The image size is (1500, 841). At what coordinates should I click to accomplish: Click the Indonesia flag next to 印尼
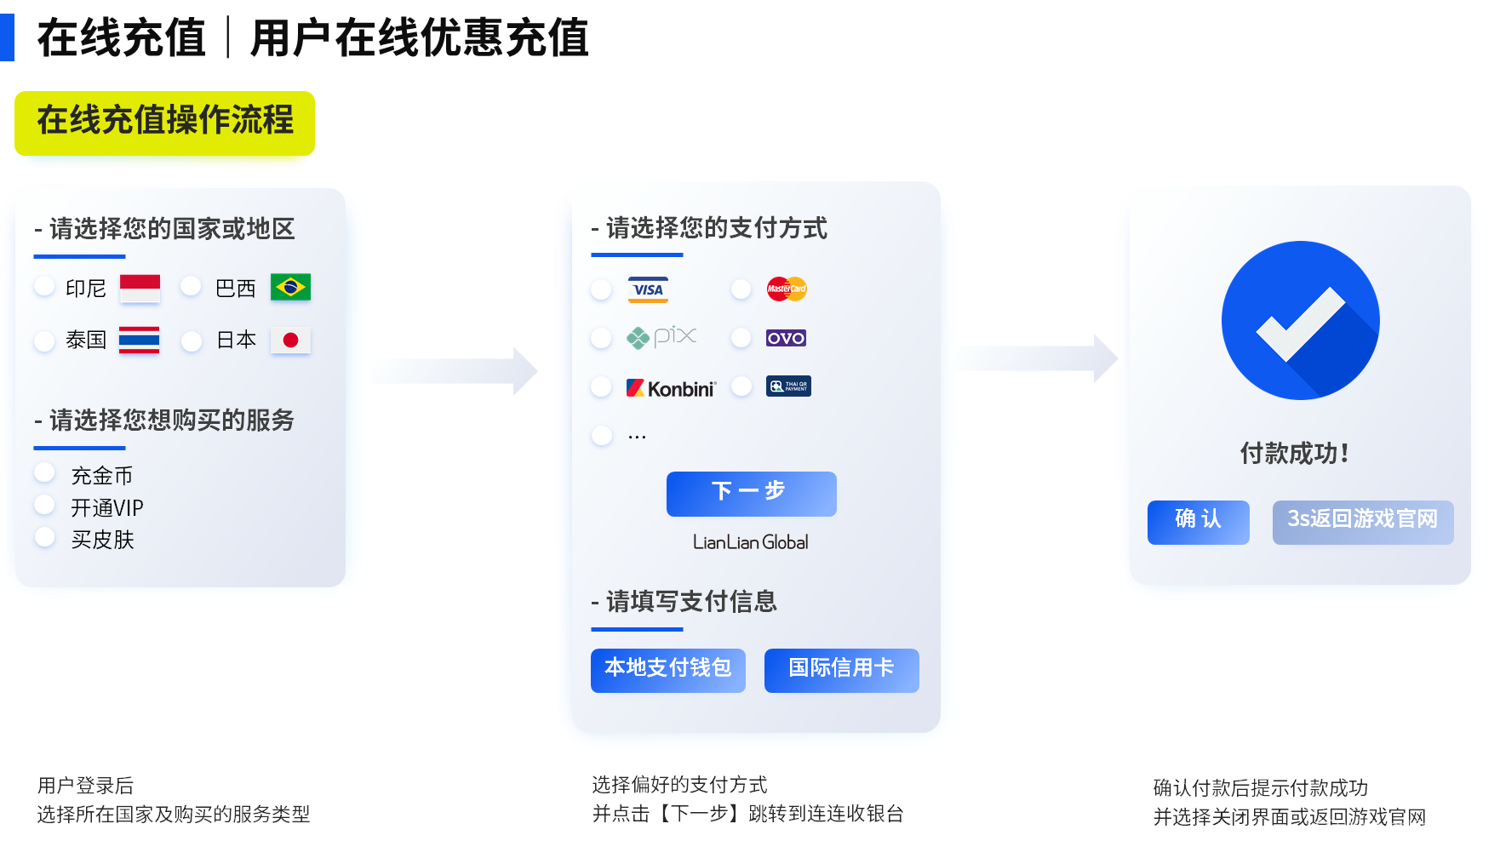(x=140, y=289)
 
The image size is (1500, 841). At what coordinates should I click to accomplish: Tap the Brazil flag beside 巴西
(x=290, y=288)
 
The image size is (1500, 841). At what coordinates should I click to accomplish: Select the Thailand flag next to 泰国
(x=139, y=340)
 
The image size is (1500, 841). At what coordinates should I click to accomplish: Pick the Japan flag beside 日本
(x=290, y=340)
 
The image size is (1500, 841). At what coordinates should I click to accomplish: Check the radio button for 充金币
(x=44, y=472)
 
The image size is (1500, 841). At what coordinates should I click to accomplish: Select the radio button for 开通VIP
(x=44, y=505)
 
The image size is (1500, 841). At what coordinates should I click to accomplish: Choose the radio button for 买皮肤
(x=44, y=537)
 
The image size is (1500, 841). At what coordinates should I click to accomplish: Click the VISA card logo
(x=648, y=289)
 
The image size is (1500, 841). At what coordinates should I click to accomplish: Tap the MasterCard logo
(x=787, y=289)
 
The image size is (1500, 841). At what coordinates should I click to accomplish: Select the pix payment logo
(x=662, y=337)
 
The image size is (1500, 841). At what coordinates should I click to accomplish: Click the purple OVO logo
(x=786, y=338)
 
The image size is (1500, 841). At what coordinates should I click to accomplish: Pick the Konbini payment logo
(x=672, y=388)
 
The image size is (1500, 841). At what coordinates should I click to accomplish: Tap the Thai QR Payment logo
(x=788, y=386)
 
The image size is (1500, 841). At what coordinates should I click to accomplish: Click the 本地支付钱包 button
(x=668, y=670)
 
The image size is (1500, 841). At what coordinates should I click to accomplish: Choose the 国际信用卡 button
(x=841, y=670)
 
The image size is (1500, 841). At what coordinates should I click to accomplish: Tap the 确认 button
(x=1198, y=522)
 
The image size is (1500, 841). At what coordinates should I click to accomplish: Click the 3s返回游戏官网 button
(x=1362, y=522)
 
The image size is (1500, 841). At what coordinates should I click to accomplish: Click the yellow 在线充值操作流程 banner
(x=165, y=128)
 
